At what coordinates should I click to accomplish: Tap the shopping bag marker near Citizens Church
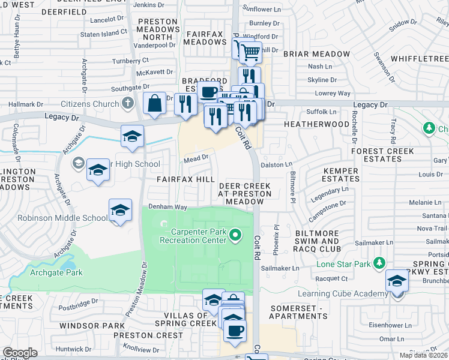click(x=154, y=103)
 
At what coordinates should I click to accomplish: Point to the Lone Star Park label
click(x=343, y=263)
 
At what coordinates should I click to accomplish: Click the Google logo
click(x=20, y=352)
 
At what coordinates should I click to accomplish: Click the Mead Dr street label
click(x=196, y=158)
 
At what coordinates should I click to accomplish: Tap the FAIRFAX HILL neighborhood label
click(x=185, y=179)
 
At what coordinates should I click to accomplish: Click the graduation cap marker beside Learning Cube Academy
click(x=397, y=281)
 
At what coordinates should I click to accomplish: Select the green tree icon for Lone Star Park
click(x=379, y=263)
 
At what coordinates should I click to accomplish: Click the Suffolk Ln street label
click(x=321, y=112)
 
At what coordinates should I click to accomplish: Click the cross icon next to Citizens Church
click(x=127, y=103)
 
